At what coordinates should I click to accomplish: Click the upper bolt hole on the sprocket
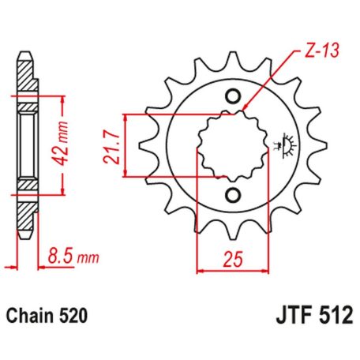point(234,97)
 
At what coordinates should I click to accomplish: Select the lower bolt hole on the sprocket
point(234,195)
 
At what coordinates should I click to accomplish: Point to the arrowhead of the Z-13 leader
point(246,110)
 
